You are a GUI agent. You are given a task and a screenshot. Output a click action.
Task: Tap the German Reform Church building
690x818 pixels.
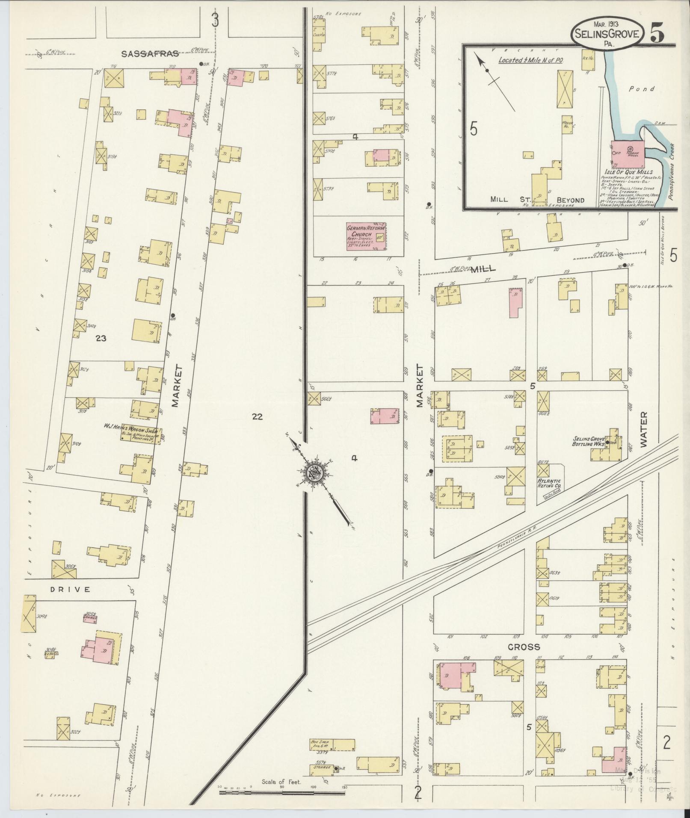click(x=366, y=236)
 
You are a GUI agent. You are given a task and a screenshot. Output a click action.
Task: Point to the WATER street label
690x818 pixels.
click(x=644, y=430)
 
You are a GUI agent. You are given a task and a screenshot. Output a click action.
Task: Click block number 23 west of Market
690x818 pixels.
click(x=101, y=338)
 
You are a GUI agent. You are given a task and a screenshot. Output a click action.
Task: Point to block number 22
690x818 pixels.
click(x=257, y=416)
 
